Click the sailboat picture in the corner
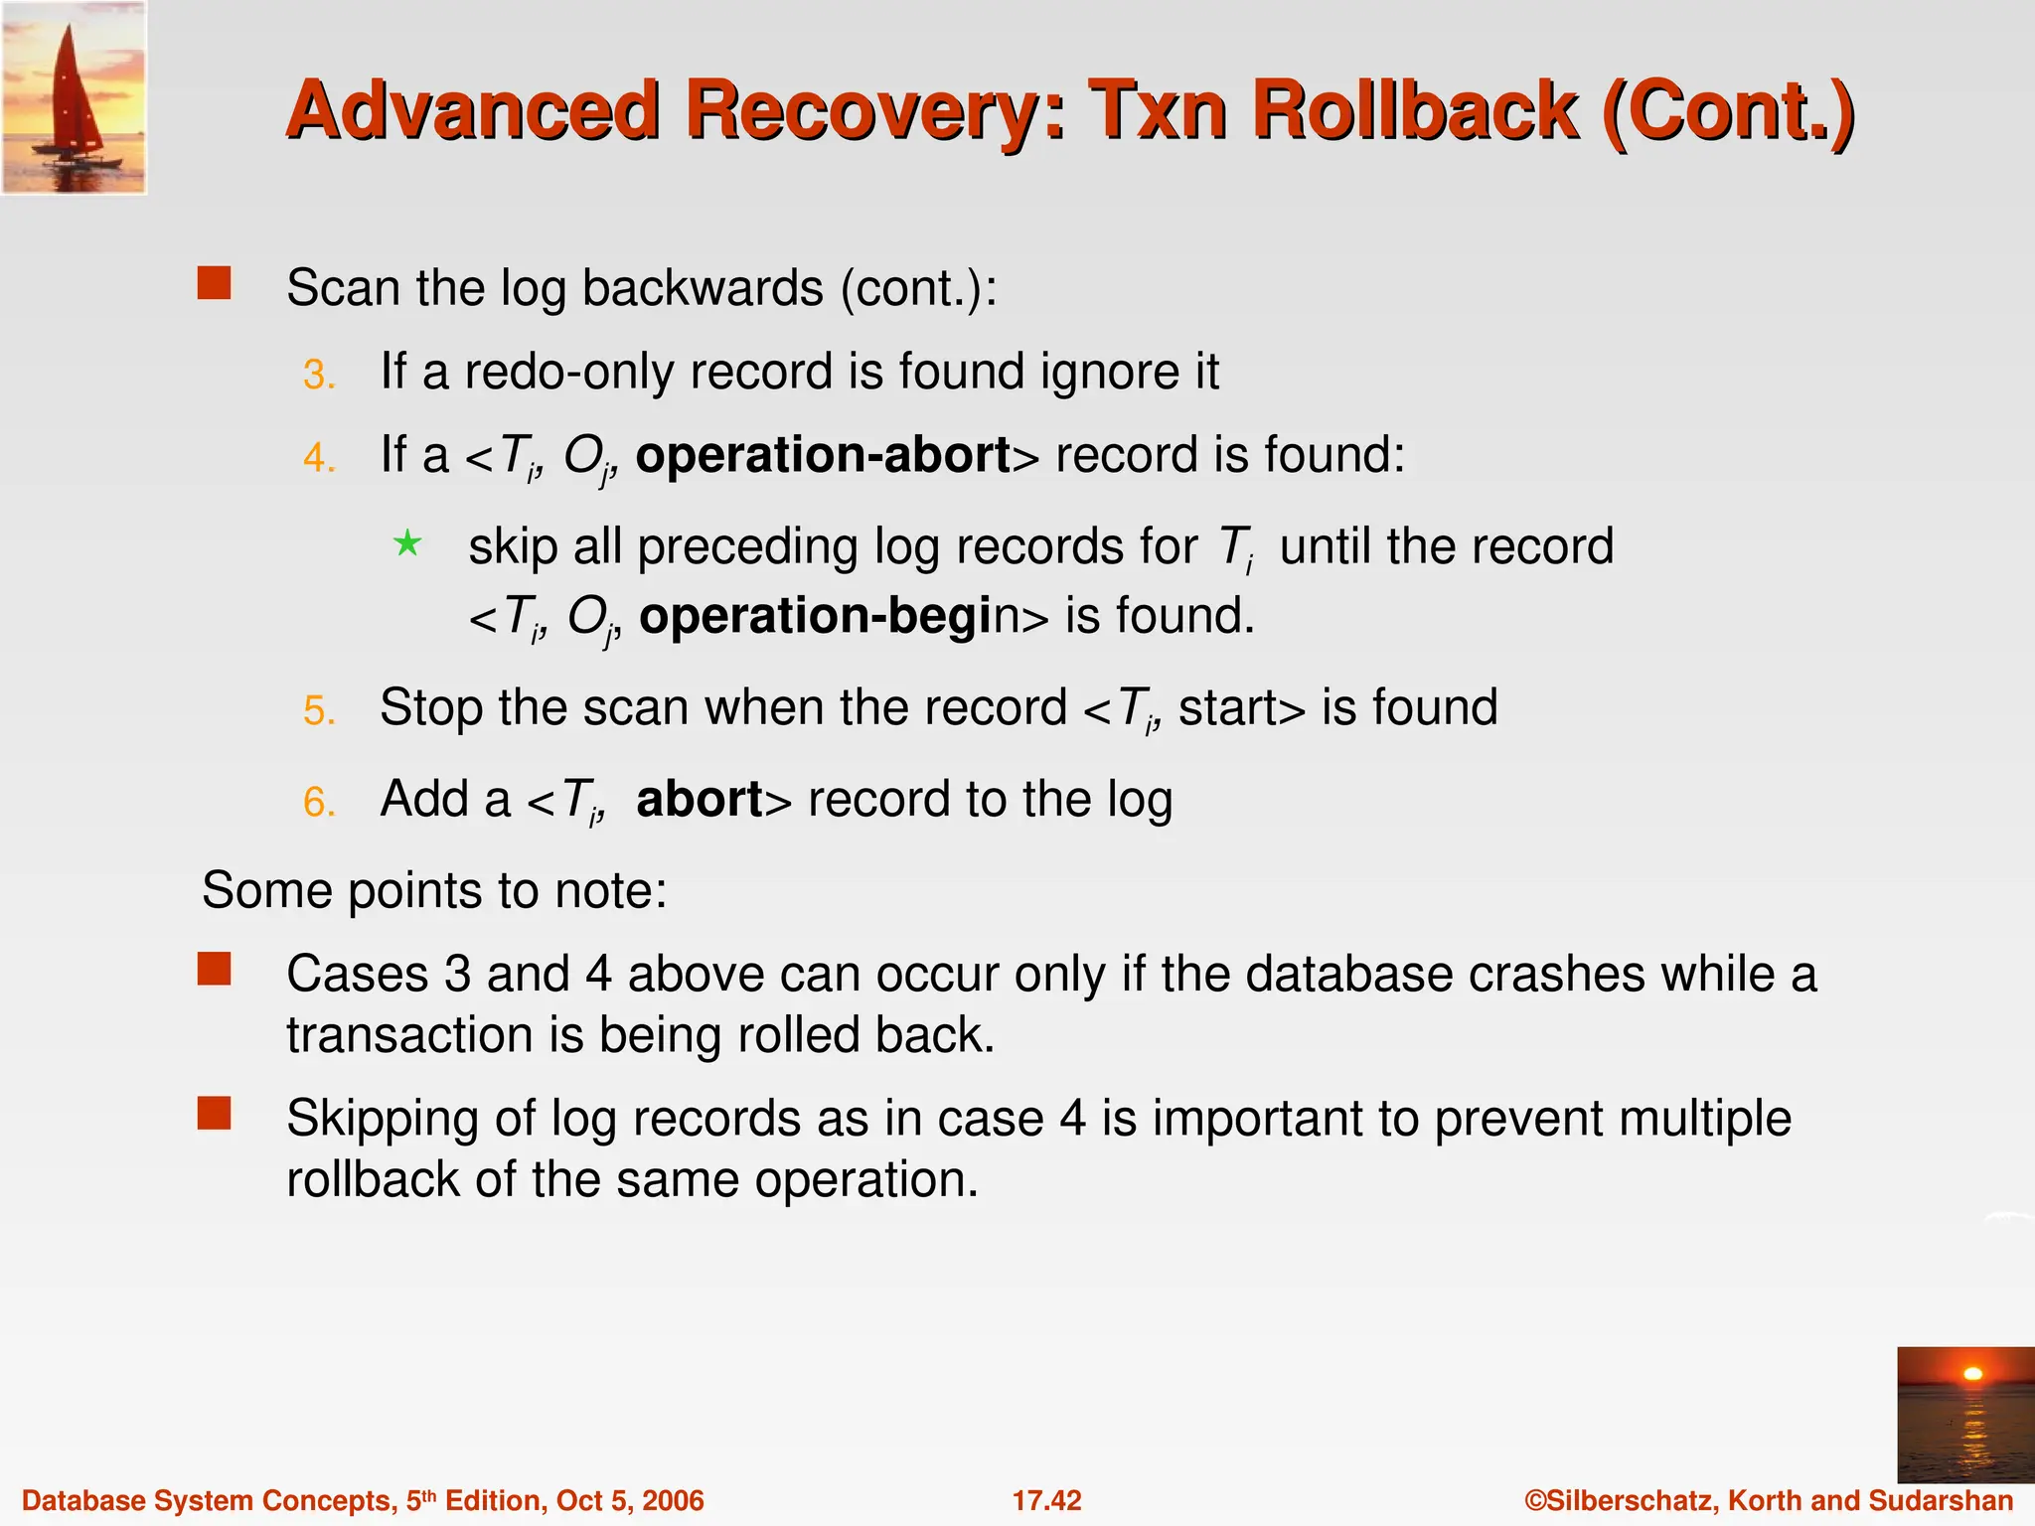[x=74, y=97]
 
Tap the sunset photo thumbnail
[x=1964, y=1414]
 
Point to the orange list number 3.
[x=318, y=376]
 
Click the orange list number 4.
[x=318, y=459]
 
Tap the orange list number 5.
[x=318, y=711]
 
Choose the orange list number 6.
[x=318, y=803]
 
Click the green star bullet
[x=407, y=543]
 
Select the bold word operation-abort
[x=823, y=456]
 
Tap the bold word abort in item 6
[x=700, y=800]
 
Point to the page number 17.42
[x=1046, y=1500]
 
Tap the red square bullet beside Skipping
[x=214, y=1114]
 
